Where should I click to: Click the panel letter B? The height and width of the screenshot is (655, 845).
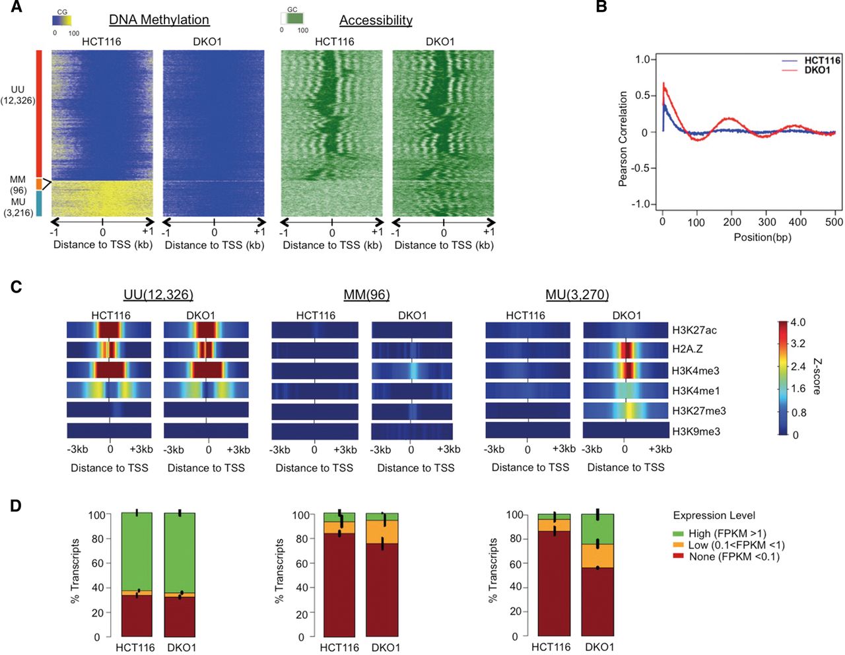(x=601, y=8)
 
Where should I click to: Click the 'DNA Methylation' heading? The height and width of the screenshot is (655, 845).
(x=159, y=20)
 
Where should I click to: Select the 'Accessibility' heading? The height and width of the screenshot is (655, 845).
(x=376, y=20)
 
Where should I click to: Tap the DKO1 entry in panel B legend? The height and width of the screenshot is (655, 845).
(x=817, y=70)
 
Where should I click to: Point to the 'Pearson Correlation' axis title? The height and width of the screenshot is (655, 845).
(x=623, y=139)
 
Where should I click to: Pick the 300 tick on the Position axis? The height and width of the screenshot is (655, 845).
(x=766, y=223)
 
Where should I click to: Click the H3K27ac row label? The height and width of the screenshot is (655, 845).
(x=694, y=330)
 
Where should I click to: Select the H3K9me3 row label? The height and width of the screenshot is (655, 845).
(x=696, y=431)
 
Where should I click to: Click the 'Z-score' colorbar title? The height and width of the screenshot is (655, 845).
(x=817, y=376)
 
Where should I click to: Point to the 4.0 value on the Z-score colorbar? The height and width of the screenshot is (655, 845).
(x=797, y=323)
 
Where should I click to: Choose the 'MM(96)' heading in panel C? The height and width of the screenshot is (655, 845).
(x=366, y=295)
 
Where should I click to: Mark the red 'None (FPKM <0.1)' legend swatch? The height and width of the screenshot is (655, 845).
(x=678, y=557)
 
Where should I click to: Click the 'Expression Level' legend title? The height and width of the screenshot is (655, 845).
(x=714, y=516)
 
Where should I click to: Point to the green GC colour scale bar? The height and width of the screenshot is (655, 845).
(x=292, y=19)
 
